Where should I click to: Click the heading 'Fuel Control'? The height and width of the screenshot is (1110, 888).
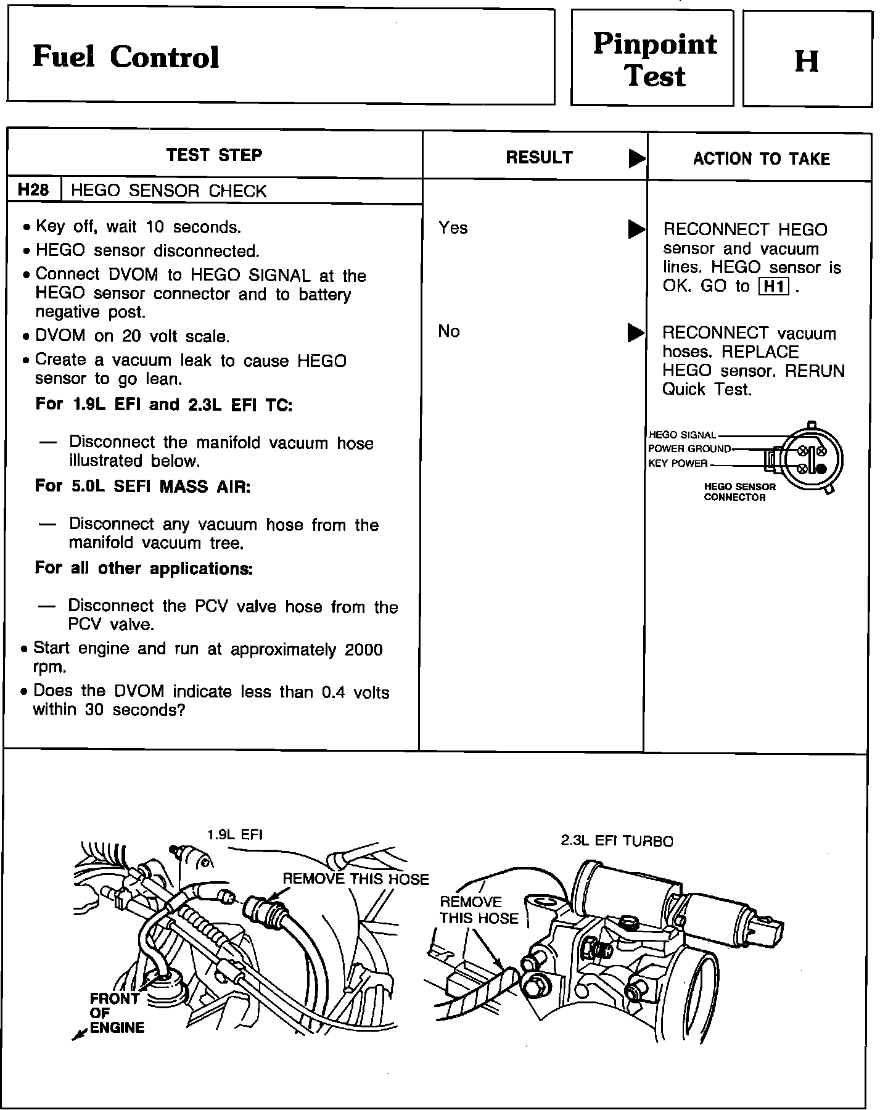coord(126,57)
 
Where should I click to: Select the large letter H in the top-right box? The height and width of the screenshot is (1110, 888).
coord(807,61)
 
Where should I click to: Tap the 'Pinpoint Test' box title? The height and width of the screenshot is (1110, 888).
coord(655,60)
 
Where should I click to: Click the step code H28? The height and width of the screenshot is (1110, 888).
coord(33,190)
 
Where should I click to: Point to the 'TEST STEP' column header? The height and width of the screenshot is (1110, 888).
coord(214,155)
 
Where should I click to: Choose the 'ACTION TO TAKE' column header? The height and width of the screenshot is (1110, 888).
coord(762,159)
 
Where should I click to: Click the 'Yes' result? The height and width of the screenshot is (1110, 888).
coord(453,228)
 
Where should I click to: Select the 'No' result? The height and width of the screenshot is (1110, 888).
coord(449,332)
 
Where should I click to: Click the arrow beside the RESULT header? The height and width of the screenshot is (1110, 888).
coord(636,159)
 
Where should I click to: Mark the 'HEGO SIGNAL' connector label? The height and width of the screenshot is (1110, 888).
coord(682,435)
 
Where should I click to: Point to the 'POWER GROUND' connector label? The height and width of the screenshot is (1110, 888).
coord(689,449)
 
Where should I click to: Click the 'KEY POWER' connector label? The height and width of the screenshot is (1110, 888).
coord(678,464)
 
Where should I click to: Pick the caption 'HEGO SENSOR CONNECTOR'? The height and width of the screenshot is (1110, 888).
coord(739,492)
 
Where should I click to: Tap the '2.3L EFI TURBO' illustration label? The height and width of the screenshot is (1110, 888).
coord(617,841)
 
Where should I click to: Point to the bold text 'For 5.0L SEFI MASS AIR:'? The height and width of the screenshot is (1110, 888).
coord(142,486)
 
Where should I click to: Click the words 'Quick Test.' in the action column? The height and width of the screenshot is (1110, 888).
coord(707,390)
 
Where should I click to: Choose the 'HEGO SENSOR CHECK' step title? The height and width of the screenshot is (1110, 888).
coord(169,191)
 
